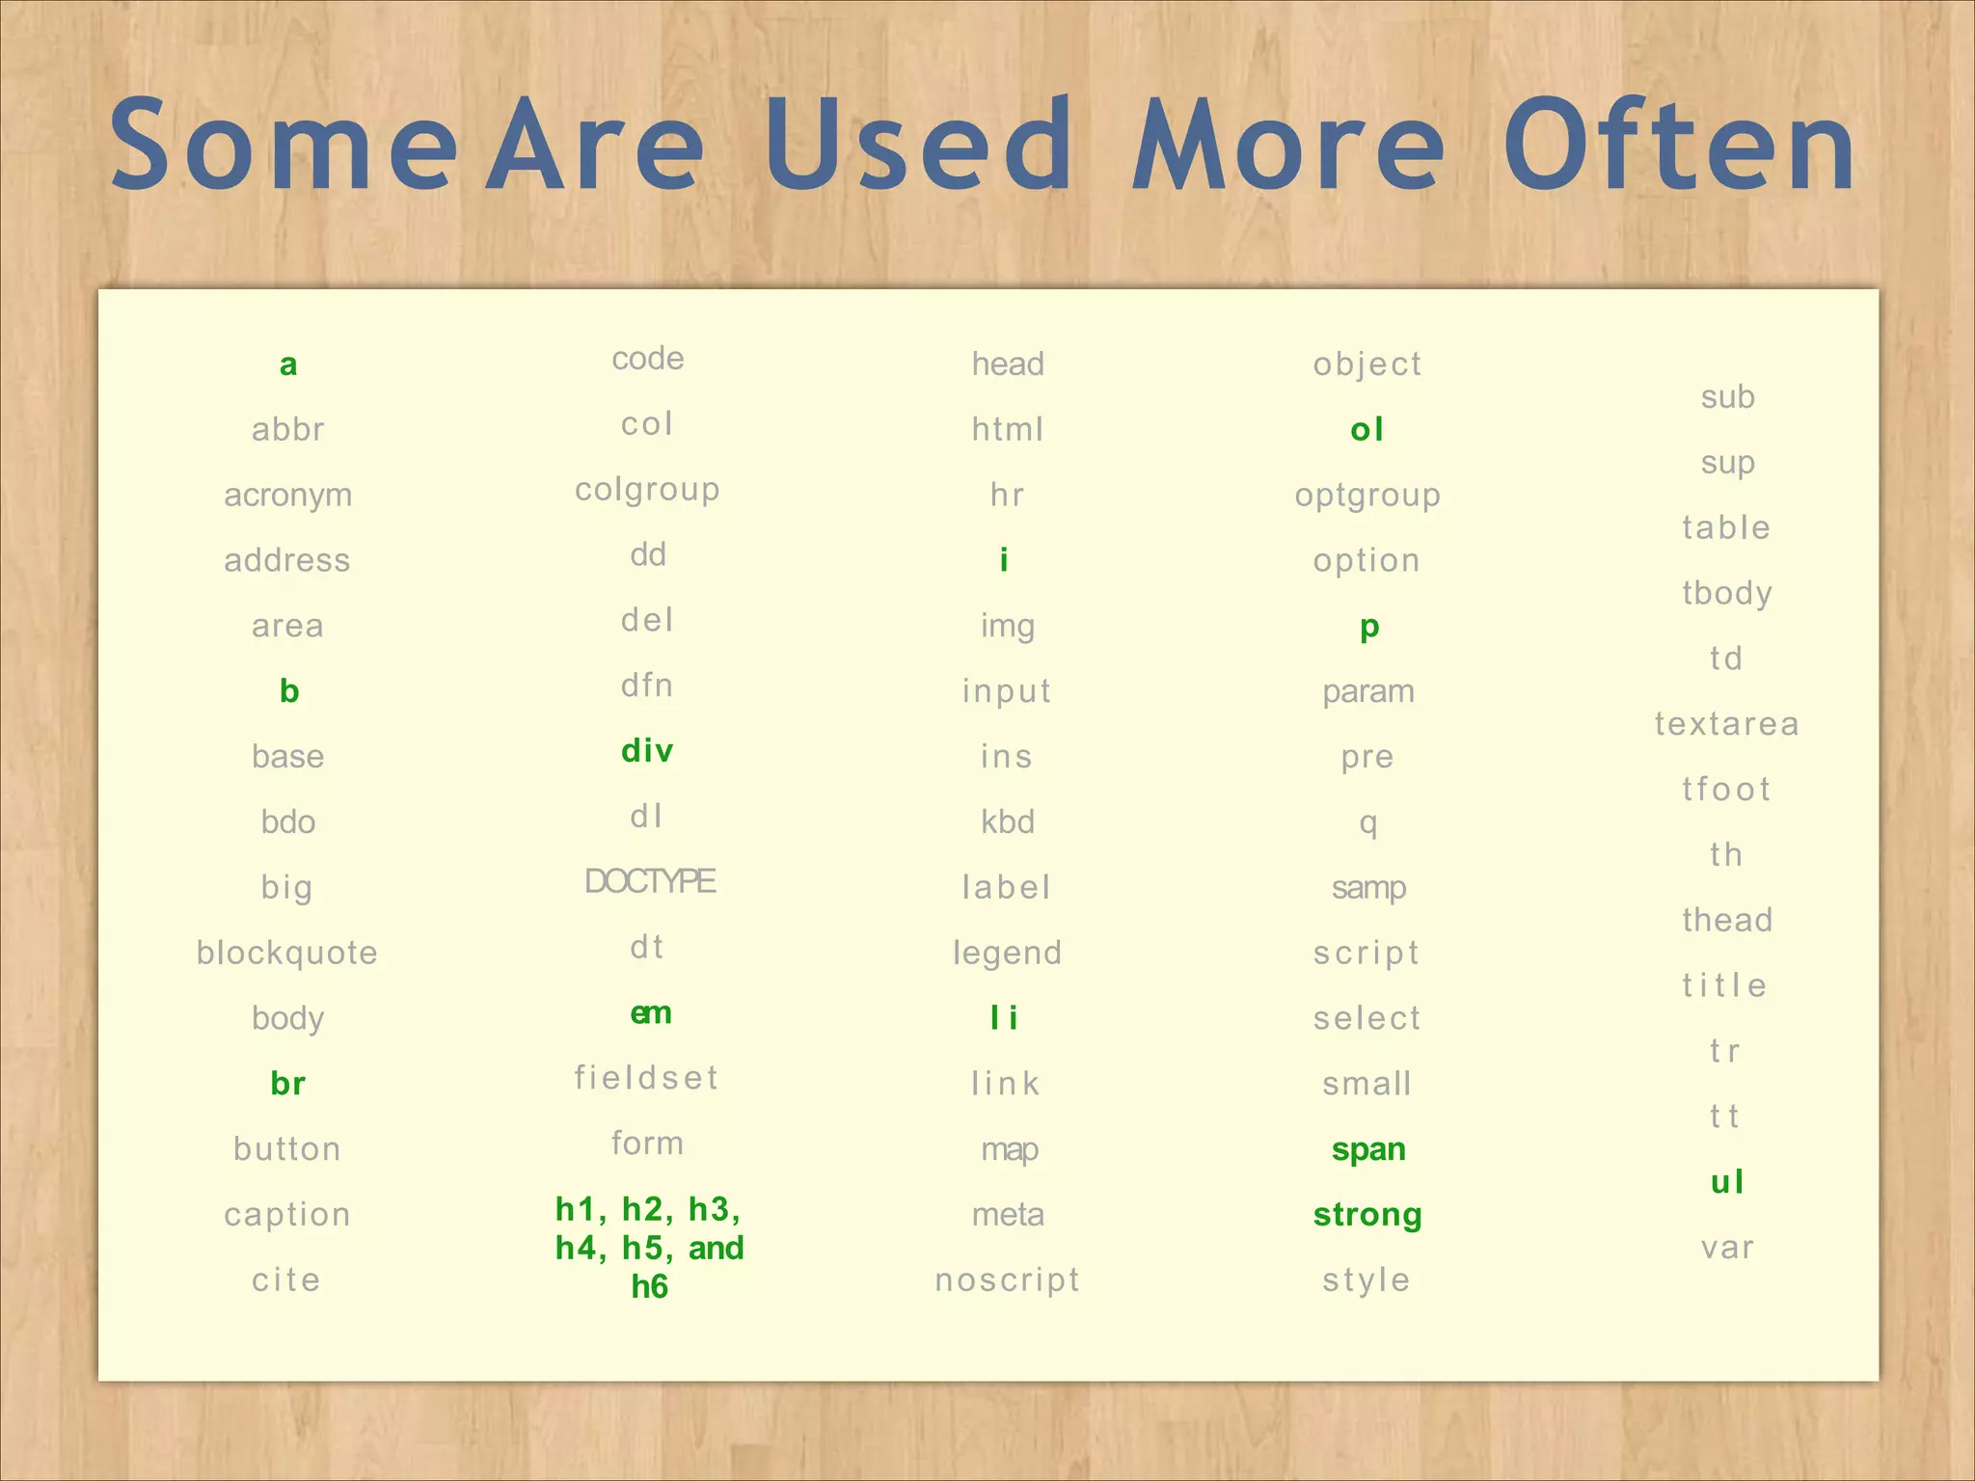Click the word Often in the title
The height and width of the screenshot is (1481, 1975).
pyautogui.click(x=1679, y=147)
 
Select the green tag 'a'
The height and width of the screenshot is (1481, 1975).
pyautogui.click(x=288, y=364)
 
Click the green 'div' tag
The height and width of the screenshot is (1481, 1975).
pyautogui.click(x=647, y=750)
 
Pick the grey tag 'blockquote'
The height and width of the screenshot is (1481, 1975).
pyautogui.click(x=287, y=953)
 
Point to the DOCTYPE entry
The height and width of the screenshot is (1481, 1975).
pyautogui.click(x=650, y=881)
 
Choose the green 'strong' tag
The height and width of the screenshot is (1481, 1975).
pyautogui.click(x=1367, y=1215)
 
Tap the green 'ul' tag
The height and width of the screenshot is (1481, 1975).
pyautogui.click(x=1727, y=1182)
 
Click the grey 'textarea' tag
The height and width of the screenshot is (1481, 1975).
pyautogui.click(x=1727, y=724)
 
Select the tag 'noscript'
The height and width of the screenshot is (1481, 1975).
pyautogui.click(x=1008, y=1280)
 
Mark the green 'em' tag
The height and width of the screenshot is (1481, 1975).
pyautogui.click(x=651, y=1013)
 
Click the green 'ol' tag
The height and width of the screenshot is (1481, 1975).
pyautogui.click(x=1367, y=429)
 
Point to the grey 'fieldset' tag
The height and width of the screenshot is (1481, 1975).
pyautogui.click(x=647, y=1078)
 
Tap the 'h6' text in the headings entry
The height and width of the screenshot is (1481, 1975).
pyautogui.click(x=649, y=1287)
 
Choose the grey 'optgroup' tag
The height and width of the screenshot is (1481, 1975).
pyautogui.click(x=1367, y=496)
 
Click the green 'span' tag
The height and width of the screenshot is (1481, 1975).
pyautogui.click(x=1368, y=1149)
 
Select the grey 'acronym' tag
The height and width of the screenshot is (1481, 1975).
pyautogui.click(x=288, y=496)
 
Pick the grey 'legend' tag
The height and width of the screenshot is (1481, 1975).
pyautogui.click(x=1008, y=954)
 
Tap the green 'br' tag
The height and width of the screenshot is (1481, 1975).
pyautogui.click(x=288, y=1084)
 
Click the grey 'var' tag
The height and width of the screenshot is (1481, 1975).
pyautogui.click(x=1727, y=1249)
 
